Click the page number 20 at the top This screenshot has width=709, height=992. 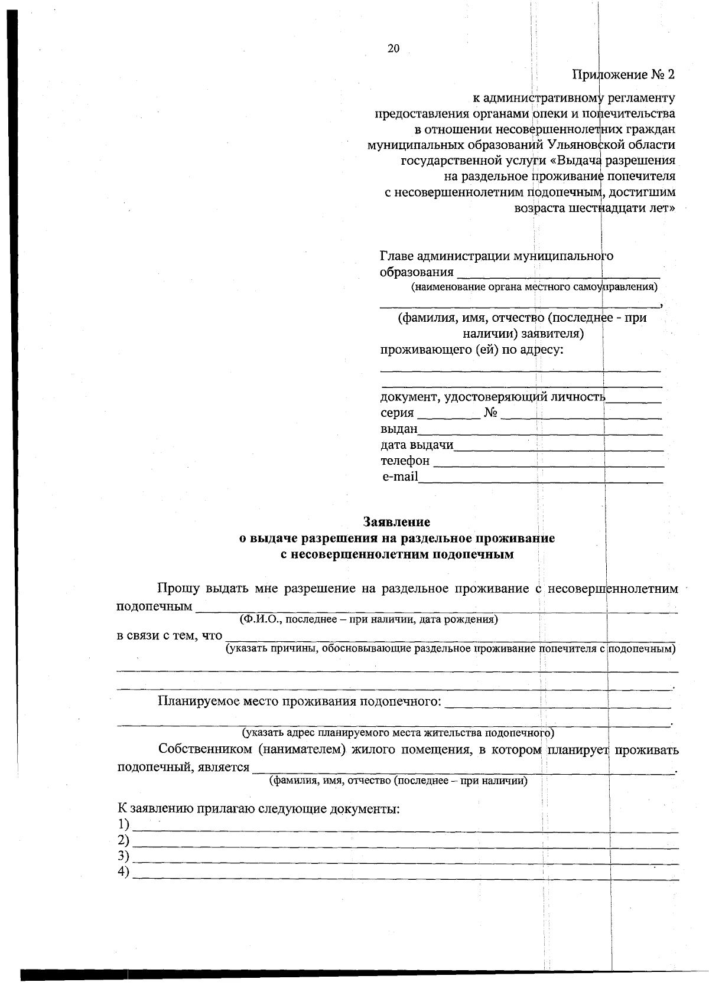(x=393, y=49)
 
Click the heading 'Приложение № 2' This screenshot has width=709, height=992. (x=623, y=75)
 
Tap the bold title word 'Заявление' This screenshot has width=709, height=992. (x=396, y=522)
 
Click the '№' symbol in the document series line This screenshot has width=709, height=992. (x=490, y=413)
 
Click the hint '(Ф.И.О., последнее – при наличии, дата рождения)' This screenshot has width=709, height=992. (x=369, y=619)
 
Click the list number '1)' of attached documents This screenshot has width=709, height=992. (x=123, y=824)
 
